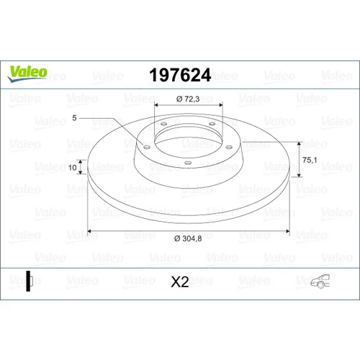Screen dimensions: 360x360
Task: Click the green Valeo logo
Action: (x=27, y=73)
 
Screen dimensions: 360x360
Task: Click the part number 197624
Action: (x=180, y=75)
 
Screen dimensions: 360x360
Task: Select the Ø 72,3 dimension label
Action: (x=188, y=99)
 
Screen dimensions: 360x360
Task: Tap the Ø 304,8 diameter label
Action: (x=188, y=239)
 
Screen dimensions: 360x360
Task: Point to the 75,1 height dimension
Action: (x=310, y=160)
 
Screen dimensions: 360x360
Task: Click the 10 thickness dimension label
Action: (x=72, y=167)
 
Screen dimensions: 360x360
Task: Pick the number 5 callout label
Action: (x=74, y=118)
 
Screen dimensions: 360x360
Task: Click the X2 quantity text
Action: (x=180, y=282)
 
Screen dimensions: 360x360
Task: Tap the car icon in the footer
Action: (x=320, y=281)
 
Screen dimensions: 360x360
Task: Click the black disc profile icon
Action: (x=30, y=281)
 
